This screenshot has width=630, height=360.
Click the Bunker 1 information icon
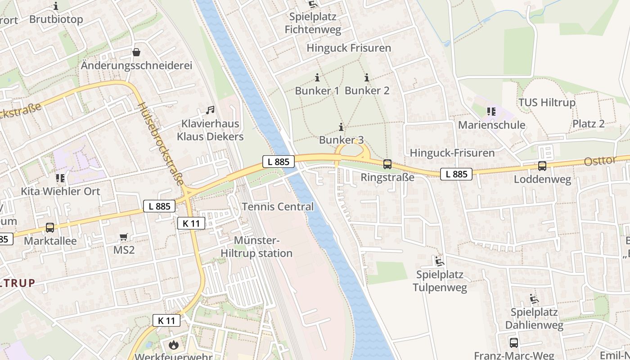pyautogui.click(x=317, y=77)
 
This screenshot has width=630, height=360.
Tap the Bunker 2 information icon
pyautogui.click(x=367, y=77)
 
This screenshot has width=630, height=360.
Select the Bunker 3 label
pyautogui.click(x=341, y=140)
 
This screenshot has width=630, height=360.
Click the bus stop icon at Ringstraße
pyautogui.click(x=387, y=164)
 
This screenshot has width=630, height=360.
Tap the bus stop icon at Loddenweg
pyautogui.click(x=542, y=166)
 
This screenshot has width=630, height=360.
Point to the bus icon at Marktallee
pyautogui.click(x=50, y=228)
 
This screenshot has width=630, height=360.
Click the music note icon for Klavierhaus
pyautogui.click(x=210, y=110)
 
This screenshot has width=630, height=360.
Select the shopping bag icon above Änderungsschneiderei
pyautogui.click(x=136, y=52)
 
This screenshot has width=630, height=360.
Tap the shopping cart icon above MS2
pyautogui.click(x=124, y=237)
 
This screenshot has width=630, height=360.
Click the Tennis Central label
pyautogui.click(x=278, y=207)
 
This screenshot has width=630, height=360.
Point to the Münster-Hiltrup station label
pyautogui.click(x=256, y=247)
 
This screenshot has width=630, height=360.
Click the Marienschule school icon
pyautogui.click(x=491, y=111)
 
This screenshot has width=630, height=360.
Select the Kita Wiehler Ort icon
pyautogui.click(x=60, y=178)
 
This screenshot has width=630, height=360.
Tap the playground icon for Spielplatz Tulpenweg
pyautogui.click(x=439, y=261)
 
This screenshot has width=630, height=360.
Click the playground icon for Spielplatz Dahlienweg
pyautogui.click(x=534, y=299)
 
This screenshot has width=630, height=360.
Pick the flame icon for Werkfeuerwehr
pyautogui.click(x=173, y=345)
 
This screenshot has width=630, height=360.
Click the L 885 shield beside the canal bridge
pyautogui.click(x=279, y=162)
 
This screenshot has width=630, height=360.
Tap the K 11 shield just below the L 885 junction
pyautogui.click(x=191, y=223)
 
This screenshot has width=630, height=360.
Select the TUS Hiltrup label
pyautogui.click(x=547, y=103)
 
